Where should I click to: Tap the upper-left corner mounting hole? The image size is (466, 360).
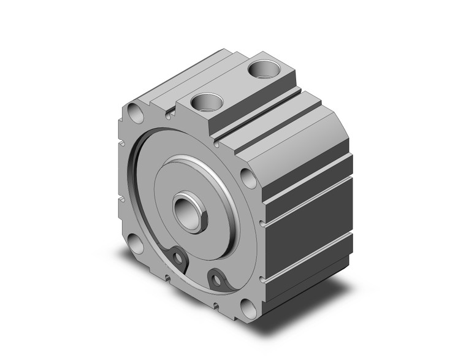pos(134,113)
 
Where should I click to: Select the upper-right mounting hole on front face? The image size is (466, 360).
pos(248,178)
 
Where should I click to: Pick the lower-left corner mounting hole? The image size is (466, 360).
pos(135,244)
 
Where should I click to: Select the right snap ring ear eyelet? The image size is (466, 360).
pos(216,280)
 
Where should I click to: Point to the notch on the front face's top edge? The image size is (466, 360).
pos(167,113)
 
